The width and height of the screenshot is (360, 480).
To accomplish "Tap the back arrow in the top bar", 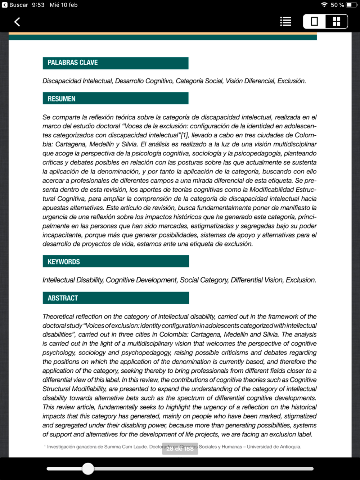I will (17, 22).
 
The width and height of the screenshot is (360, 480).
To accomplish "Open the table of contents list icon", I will (285, 22).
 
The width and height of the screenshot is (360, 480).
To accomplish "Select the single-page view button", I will (314, 22).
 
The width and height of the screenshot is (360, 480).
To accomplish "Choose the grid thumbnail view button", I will (337, 22).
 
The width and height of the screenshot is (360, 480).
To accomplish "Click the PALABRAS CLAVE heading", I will (73, 63).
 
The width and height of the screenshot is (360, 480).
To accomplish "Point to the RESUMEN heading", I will (62, 99).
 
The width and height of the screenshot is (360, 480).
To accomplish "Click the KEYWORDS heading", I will (64, 262).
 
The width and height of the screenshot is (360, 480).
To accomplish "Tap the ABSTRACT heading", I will (63, 298).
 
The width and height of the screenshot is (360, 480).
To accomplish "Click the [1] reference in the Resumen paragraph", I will (184, 135).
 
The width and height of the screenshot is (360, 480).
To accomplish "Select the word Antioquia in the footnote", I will (290, 447).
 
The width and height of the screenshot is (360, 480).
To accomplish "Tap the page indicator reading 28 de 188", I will (180, 449).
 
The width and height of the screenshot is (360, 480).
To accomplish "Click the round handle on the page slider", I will (88, 468).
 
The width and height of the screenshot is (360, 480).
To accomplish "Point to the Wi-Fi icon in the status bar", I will (324, 5).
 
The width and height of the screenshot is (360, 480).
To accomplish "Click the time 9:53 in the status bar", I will (38, 5).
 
